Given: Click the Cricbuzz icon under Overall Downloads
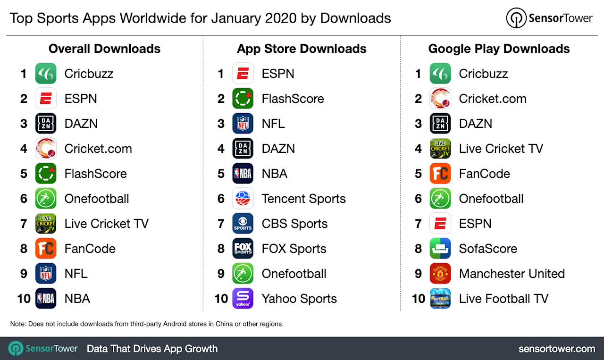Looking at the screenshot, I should click(x=46, y=74).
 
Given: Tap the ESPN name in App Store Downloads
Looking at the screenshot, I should click(x=278, y=74).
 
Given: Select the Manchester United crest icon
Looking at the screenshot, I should click(x=440, y=274).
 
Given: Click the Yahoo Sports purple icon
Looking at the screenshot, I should click(x=243, y=299).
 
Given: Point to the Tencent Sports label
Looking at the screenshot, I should click(x=303, y=199).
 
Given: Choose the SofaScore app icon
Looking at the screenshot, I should click(x=440, y=249).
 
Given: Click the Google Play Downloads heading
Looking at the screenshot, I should click(x=499, y=49).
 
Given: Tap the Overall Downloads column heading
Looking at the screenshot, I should click(x=104, y=49).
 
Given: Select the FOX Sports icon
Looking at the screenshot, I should click(x=243, y=249).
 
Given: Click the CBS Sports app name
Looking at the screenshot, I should click(x=294, y=224).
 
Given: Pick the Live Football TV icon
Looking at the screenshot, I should click(x=440, y=299).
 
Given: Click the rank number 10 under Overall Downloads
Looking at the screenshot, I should click(x=24, y=299).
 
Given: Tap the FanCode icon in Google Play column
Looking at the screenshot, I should click(x=440, y=174).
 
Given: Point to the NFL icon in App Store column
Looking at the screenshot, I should click(x=243, y=124).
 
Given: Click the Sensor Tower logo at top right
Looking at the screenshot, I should click(x=549, y=18).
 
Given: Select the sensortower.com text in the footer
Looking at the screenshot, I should click(x=556, y=349).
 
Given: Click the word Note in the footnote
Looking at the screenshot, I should click(x=18, y=324).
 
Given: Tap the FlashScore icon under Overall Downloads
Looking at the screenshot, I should click(x=46, y=174).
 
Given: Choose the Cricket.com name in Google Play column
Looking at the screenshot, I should click(x=493, y=99).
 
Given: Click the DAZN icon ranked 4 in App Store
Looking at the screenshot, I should click(x=243, y=149).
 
